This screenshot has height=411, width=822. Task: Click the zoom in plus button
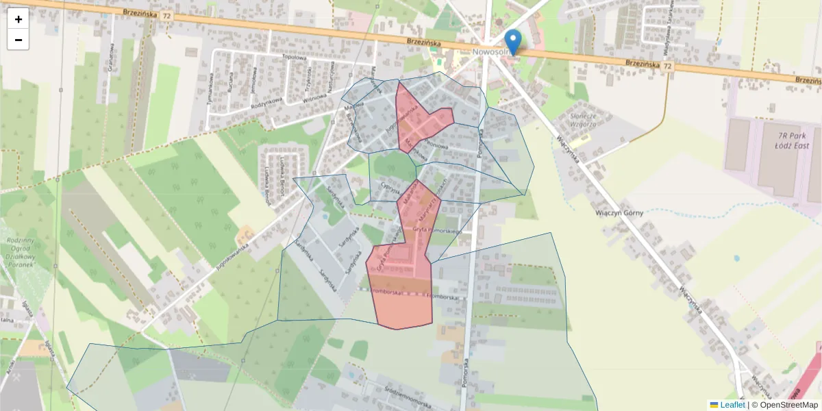click(18, 19)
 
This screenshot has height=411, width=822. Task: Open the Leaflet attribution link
click(732, 405)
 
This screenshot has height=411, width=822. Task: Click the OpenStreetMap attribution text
click(786, 405)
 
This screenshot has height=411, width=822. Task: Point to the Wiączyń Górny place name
click(619, 212)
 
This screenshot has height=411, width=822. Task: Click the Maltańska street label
click(408, 195)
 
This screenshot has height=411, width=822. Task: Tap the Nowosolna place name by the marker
click(488, 52)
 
